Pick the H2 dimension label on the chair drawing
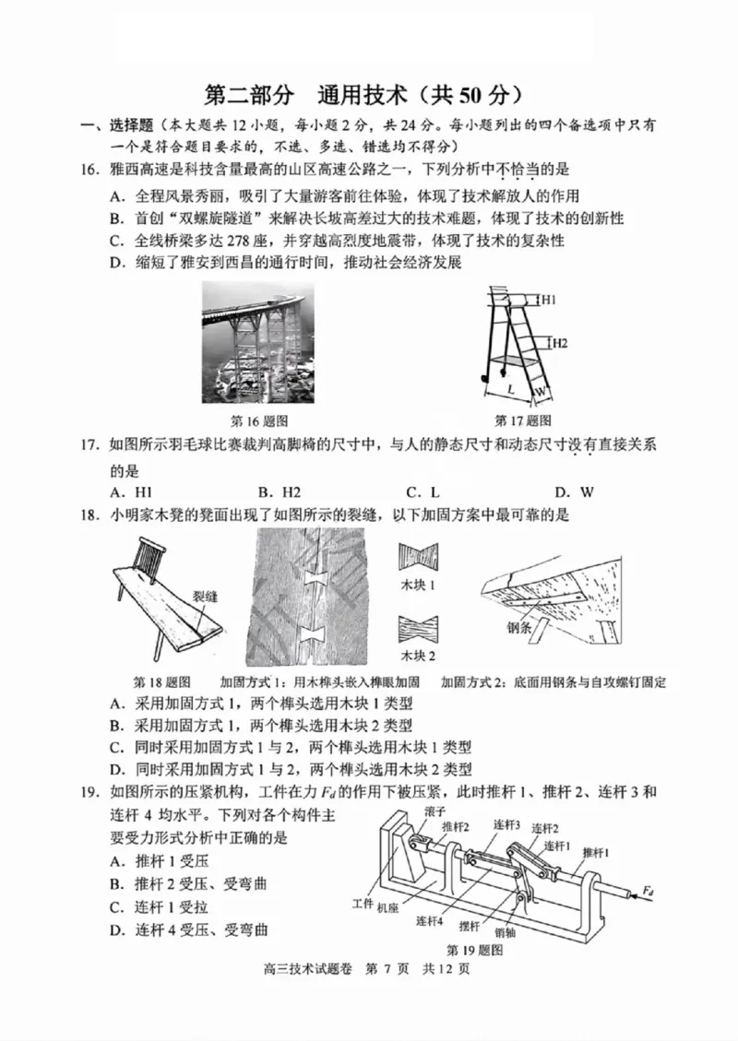559,342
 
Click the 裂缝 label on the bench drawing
206,597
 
